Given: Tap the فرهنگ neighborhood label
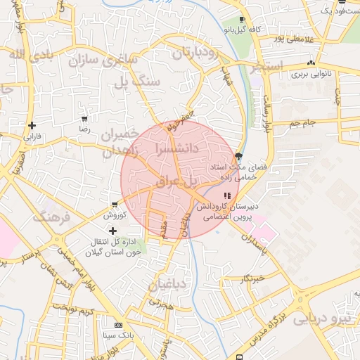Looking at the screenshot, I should pos(53,217).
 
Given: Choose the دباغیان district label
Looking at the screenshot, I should pos(167,284).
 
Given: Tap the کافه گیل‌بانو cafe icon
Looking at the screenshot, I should pos(242,20).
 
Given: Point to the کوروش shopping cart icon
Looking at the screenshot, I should pos(114,205).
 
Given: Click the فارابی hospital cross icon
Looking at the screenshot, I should pos(32,126).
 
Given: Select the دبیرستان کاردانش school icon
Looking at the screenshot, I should pos(226,196).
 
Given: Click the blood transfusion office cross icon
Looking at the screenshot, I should pos(112,231).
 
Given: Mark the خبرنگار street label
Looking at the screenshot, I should pos(253,278).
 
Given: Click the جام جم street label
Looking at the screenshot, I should pos(304,124).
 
